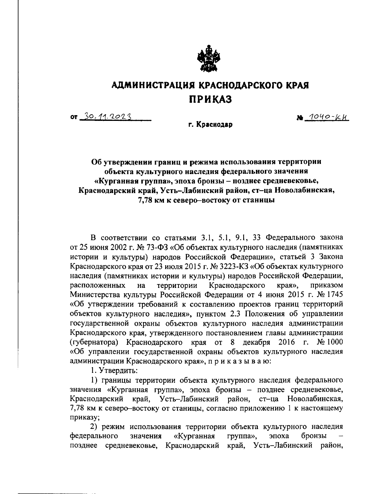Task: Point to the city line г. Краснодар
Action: [x=210, y=125]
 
